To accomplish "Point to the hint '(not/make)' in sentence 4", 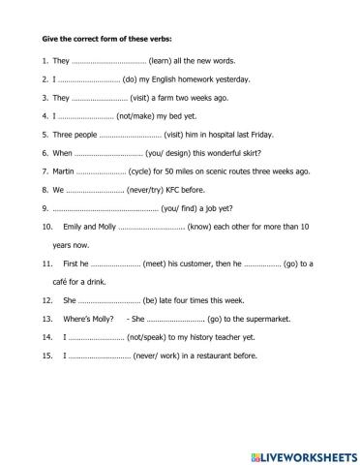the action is (148, 116).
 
